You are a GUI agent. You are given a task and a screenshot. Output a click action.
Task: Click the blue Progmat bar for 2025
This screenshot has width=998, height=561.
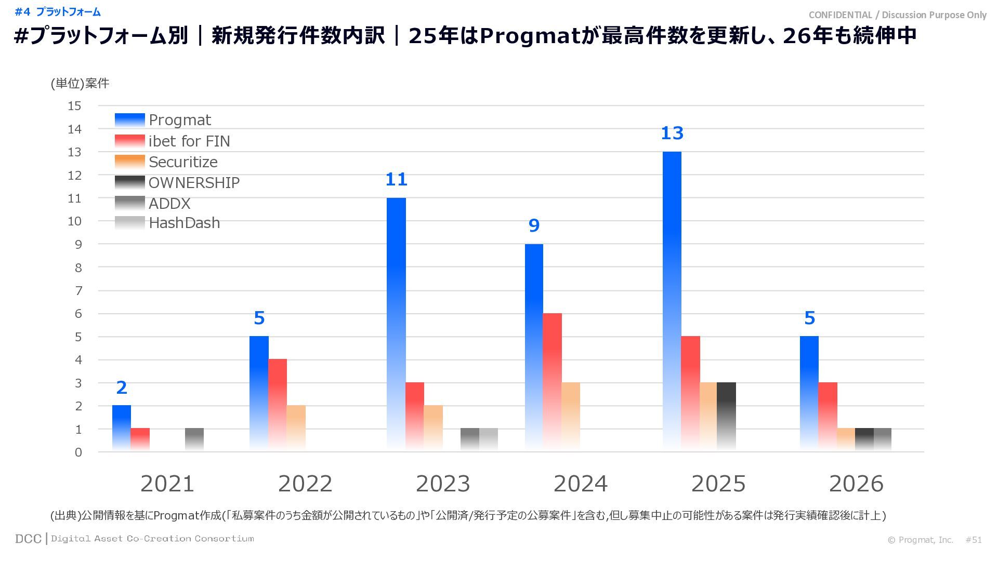click(x=672, y=301)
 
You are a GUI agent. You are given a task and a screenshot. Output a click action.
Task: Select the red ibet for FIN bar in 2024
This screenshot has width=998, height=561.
click(x=552, y=382)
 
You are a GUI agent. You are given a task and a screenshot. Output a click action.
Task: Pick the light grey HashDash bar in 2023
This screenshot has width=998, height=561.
click(x=489, y=439)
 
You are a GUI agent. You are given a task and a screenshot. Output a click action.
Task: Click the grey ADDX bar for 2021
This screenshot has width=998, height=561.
click(x=194, y=439)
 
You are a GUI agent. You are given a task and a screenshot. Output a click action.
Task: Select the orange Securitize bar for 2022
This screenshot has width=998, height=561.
click(x=296, y=428)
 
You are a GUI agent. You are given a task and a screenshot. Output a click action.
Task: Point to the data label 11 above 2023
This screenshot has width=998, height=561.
click(x=396, y=180)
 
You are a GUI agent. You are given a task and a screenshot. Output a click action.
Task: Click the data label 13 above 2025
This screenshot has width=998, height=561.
click(x=672, y=133)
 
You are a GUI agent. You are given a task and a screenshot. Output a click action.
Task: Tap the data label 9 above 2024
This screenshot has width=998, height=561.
click(x=534, y=226)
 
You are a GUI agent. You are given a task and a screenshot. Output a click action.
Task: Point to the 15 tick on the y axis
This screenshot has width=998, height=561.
click(x=75, y=106)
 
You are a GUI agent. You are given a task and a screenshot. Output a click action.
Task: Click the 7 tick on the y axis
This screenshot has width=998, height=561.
click(x=78, y=291)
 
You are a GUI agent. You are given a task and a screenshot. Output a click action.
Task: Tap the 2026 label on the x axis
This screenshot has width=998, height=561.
click(x=856, y=484)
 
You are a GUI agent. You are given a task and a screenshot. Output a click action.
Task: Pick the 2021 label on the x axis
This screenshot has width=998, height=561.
click(x=167, y=484)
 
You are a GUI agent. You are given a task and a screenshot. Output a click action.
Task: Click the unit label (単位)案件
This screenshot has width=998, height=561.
click(x=80, y=84)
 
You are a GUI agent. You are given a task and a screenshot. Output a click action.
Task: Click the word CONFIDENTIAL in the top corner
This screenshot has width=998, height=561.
click(x=840, y=15)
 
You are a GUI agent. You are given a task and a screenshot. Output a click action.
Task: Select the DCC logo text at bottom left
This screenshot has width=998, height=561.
click(x=28, y=539)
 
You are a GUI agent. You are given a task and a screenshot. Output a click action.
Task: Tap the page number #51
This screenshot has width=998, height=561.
click(x=974, y=540)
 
